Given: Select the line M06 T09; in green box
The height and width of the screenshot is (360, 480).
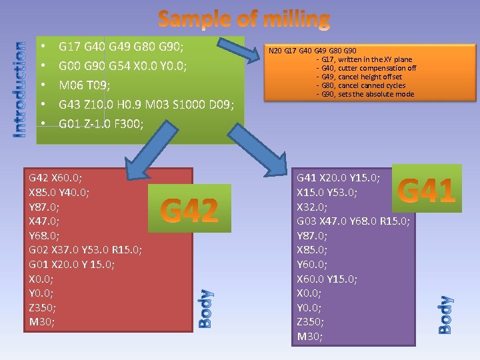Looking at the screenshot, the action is [x=84, y=85].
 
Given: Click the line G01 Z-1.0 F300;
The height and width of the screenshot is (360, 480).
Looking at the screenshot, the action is [x=101, y=123].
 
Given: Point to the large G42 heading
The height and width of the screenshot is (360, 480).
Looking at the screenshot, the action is [x=190, y=211].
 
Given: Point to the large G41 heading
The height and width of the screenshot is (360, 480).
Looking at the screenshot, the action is [x=426, y=191].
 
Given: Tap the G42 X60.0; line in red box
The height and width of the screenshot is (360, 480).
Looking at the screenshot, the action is [x=56, y=178].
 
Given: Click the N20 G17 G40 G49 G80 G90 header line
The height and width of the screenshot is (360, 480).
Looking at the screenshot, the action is [x=312, y=51].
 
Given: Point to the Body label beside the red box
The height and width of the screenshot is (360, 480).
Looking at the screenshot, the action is [x=206, y=308].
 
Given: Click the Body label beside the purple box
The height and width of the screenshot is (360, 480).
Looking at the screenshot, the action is [x=446, y=314].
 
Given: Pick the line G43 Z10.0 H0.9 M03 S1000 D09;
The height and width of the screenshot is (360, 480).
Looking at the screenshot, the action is [x=146, y=105].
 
